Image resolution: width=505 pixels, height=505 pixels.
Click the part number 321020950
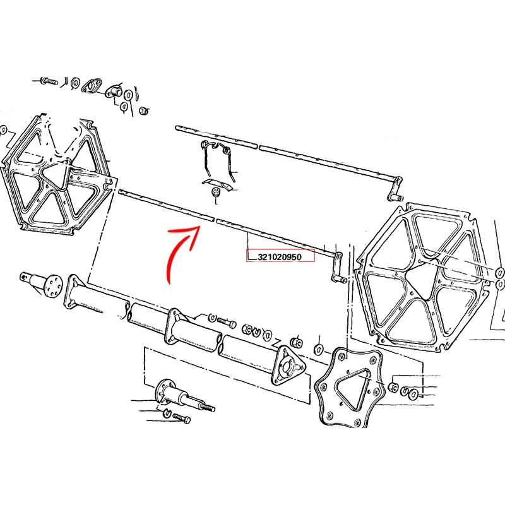coord(280,257)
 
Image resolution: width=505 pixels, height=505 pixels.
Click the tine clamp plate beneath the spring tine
coord(218,184)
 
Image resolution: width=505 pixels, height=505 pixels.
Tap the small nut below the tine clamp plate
coord(215,193)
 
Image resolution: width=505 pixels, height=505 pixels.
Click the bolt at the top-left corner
coord(49,81)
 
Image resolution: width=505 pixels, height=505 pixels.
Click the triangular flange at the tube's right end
coord(288,365)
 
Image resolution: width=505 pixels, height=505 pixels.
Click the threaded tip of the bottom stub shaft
coord(209,408)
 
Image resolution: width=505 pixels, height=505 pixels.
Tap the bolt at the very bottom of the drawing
coord(182,418)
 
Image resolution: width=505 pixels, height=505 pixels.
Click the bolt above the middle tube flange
coord(227,323)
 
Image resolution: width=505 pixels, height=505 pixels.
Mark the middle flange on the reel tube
coord(174,326)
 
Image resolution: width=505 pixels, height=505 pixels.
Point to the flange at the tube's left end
coord(73,292)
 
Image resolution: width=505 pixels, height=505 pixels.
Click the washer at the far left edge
coord(3,131)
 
